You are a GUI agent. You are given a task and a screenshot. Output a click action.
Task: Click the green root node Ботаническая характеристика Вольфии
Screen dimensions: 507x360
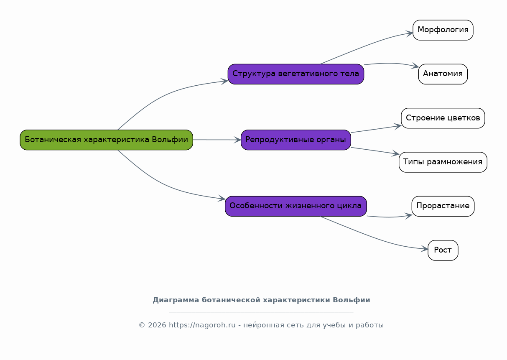107,140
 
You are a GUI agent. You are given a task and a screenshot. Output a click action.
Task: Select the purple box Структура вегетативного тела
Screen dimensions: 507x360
296,74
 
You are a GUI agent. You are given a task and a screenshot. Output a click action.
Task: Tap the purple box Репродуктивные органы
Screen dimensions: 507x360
296,140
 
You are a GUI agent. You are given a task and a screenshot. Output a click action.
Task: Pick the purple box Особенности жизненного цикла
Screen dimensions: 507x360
296,206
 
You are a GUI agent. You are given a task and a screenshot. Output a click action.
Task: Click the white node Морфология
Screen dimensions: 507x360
443,30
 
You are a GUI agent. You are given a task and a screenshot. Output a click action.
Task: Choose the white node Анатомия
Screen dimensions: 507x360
443,74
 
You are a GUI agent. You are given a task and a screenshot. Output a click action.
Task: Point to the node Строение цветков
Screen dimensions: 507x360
443,118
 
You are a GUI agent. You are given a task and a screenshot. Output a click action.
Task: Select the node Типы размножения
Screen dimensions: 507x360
443,162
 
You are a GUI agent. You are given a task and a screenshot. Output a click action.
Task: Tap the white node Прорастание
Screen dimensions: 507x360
443,206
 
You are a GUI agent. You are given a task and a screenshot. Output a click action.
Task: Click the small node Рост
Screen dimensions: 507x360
443,250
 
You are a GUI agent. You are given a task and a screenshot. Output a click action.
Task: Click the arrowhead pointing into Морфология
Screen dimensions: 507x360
410,34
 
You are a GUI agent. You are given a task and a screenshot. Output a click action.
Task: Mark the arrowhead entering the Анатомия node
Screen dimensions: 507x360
415,66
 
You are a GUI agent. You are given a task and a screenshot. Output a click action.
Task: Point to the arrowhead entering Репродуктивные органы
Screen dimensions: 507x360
237,140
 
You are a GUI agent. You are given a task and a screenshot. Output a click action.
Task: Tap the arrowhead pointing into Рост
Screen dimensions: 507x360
424,249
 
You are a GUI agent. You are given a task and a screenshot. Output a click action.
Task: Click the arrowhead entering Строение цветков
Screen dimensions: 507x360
397,126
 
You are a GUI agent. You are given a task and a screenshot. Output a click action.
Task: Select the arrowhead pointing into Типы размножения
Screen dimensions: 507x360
395,153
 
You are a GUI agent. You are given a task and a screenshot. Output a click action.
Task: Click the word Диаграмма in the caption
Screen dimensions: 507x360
176,300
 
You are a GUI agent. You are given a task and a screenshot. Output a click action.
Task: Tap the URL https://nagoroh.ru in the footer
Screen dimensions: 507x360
202,325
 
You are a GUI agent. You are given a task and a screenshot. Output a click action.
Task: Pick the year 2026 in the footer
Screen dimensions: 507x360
157,325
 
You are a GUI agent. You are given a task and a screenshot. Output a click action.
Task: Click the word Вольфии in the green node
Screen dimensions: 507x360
170,140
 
